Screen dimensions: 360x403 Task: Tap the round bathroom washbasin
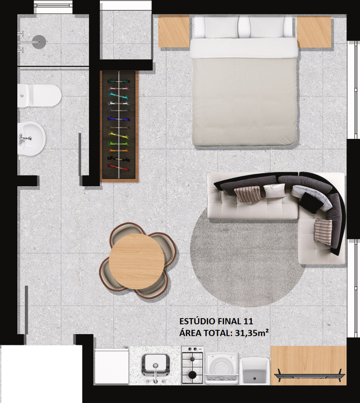click(x=31, y=139)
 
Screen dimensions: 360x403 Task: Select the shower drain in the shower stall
click(x=39, y=42)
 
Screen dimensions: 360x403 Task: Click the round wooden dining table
click(x=136, y=261)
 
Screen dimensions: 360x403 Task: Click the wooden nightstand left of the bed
click(x=173, y=31)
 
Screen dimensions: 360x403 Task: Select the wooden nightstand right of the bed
click(x=314, y=31)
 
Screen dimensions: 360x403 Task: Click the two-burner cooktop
click(x=192, y=365)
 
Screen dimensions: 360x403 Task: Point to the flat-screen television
click(x=309, y=376)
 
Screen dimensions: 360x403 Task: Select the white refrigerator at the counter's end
click(x=112, y=366)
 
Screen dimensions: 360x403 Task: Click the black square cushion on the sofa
click(x=311, y=203)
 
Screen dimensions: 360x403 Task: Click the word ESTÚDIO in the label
click(x=197, y=321)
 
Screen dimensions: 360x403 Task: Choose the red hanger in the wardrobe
click(x=118, y=167)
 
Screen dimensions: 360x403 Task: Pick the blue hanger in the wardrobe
click(x=119, y=119)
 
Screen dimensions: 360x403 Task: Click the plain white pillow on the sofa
click(x=274, y=190)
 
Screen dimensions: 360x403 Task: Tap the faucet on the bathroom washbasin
click(x=25, y=138)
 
